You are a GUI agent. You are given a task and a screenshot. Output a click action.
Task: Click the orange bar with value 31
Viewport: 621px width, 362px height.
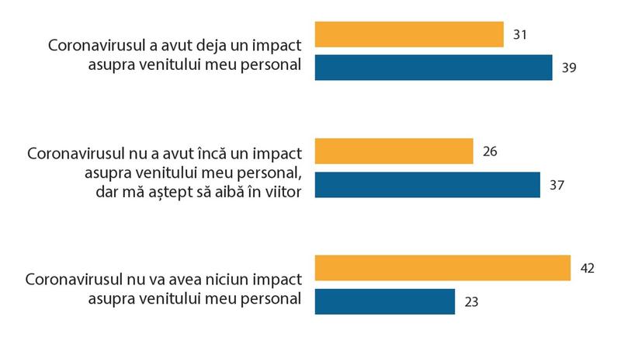click(409, 35)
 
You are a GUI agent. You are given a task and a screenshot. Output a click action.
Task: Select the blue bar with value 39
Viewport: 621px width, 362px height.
click(433, 68)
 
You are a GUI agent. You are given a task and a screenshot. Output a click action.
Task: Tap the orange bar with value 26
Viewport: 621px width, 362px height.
click(394, 151)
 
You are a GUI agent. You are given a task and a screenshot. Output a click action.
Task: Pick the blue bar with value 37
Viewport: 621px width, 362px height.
click(427, 185)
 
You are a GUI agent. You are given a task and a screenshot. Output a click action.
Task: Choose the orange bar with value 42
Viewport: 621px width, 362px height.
click(442, 268)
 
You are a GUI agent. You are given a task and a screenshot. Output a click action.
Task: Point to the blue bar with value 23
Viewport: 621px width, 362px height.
click(384, 301)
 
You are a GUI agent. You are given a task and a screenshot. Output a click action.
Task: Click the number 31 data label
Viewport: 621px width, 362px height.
click(520, 35)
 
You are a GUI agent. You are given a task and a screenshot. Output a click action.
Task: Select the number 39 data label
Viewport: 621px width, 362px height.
click(569, 68)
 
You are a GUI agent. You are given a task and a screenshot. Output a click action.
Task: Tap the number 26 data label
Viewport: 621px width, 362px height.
click(490, 151)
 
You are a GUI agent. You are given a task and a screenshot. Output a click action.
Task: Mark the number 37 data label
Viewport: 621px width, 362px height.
click(557, 185)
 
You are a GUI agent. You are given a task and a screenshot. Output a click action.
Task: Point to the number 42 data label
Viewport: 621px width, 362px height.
click(587, 268)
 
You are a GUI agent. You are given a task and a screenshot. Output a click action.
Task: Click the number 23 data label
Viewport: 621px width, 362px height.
click(471, 301)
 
